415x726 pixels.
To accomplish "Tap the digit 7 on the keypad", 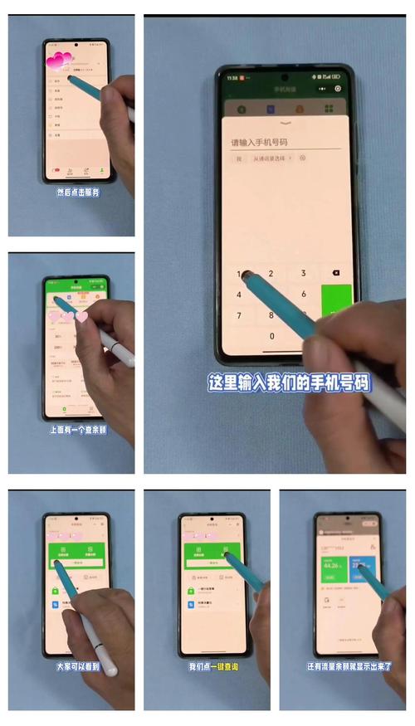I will (x=240, y=315).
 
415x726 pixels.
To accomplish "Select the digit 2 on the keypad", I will (x=271, y=273).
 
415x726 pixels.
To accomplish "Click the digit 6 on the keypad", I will (x=304, y=294).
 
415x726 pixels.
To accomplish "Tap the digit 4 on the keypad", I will (x=240, y=294).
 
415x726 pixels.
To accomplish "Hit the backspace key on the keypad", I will (x=335, y=273).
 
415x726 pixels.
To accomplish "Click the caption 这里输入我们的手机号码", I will (x=289, y=382).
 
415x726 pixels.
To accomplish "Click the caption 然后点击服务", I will (x=77, y=192).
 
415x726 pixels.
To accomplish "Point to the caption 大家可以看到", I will (x=76, y=666).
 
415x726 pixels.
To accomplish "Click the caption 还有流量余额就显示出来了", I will (x=348, y=666).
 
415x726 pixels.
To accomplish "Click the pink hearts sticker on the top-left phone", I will (x=60, y=61).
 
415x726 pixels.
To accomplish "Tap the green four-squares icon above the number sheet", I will (x=329, y=109).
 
